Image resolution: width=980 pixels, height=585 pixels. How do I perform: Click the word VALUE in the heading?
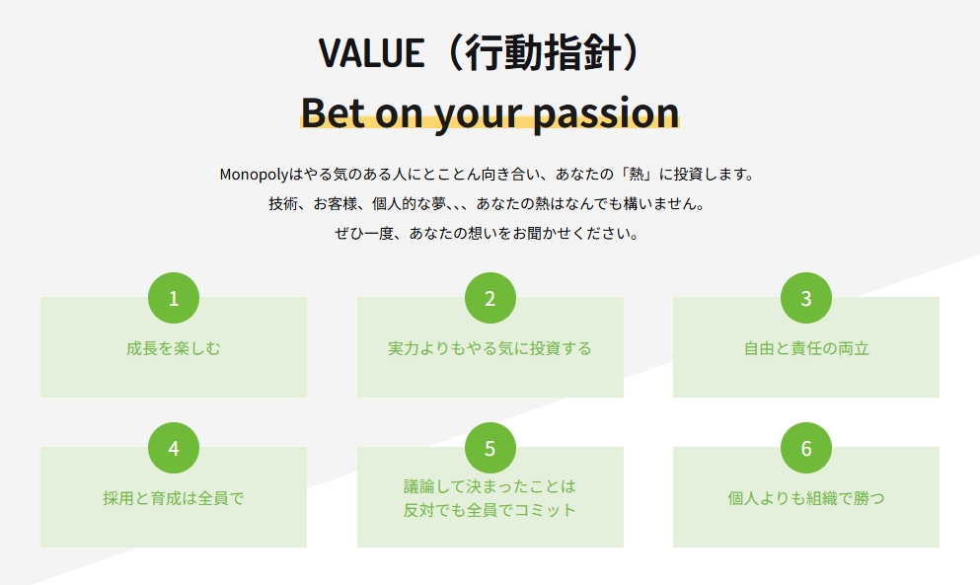tap(372, 52)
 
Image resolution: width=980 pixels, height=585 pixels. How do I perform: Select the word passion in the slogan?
tap(606, 113)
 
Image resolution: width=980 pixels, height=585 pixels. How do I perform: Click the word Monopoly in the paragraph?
tap(254, 175)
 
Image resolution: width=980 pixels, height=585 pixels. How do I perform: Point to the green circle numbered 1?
tap(174, 298)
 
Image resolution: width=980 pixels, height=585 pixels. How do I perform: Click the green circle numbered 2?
tap(490, 298)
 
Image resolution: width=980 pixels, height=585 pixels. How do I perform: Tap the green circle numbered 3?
tap(806, 298)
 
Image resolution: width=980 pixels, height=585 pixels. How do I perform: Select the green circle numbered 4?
tap(174, 448)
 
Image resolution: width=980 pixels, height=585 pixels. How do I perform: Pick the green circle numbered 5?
tap(490, 448)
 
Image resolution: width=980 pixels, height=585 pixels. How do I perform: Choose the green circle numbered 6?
tap(806, 448)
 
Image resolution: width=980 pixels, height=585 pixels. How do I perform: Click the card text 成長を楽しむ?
tap(174, 348)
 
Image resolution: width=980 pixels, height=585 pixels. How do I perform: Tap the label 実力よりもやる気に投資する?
tap(490, 348)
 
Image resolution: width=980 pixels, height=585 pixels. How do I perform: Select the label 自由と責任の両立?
tap(806, 348)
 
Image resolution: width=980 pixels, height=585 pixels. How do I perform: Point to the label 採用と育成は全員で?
tap(174, 498)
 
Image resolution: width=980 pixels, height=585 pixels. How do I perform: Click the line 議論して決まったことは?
tap(490, 486)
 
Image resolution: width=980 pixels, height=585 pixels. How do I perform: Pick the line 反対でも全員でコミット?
tap(490, 510)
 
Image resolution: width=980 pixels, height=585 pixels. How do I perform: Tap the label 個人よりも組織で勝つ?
tap(806, 498)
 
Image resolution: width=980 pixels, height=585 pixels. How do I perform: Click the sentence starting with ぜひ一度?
tap(487, 234)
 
